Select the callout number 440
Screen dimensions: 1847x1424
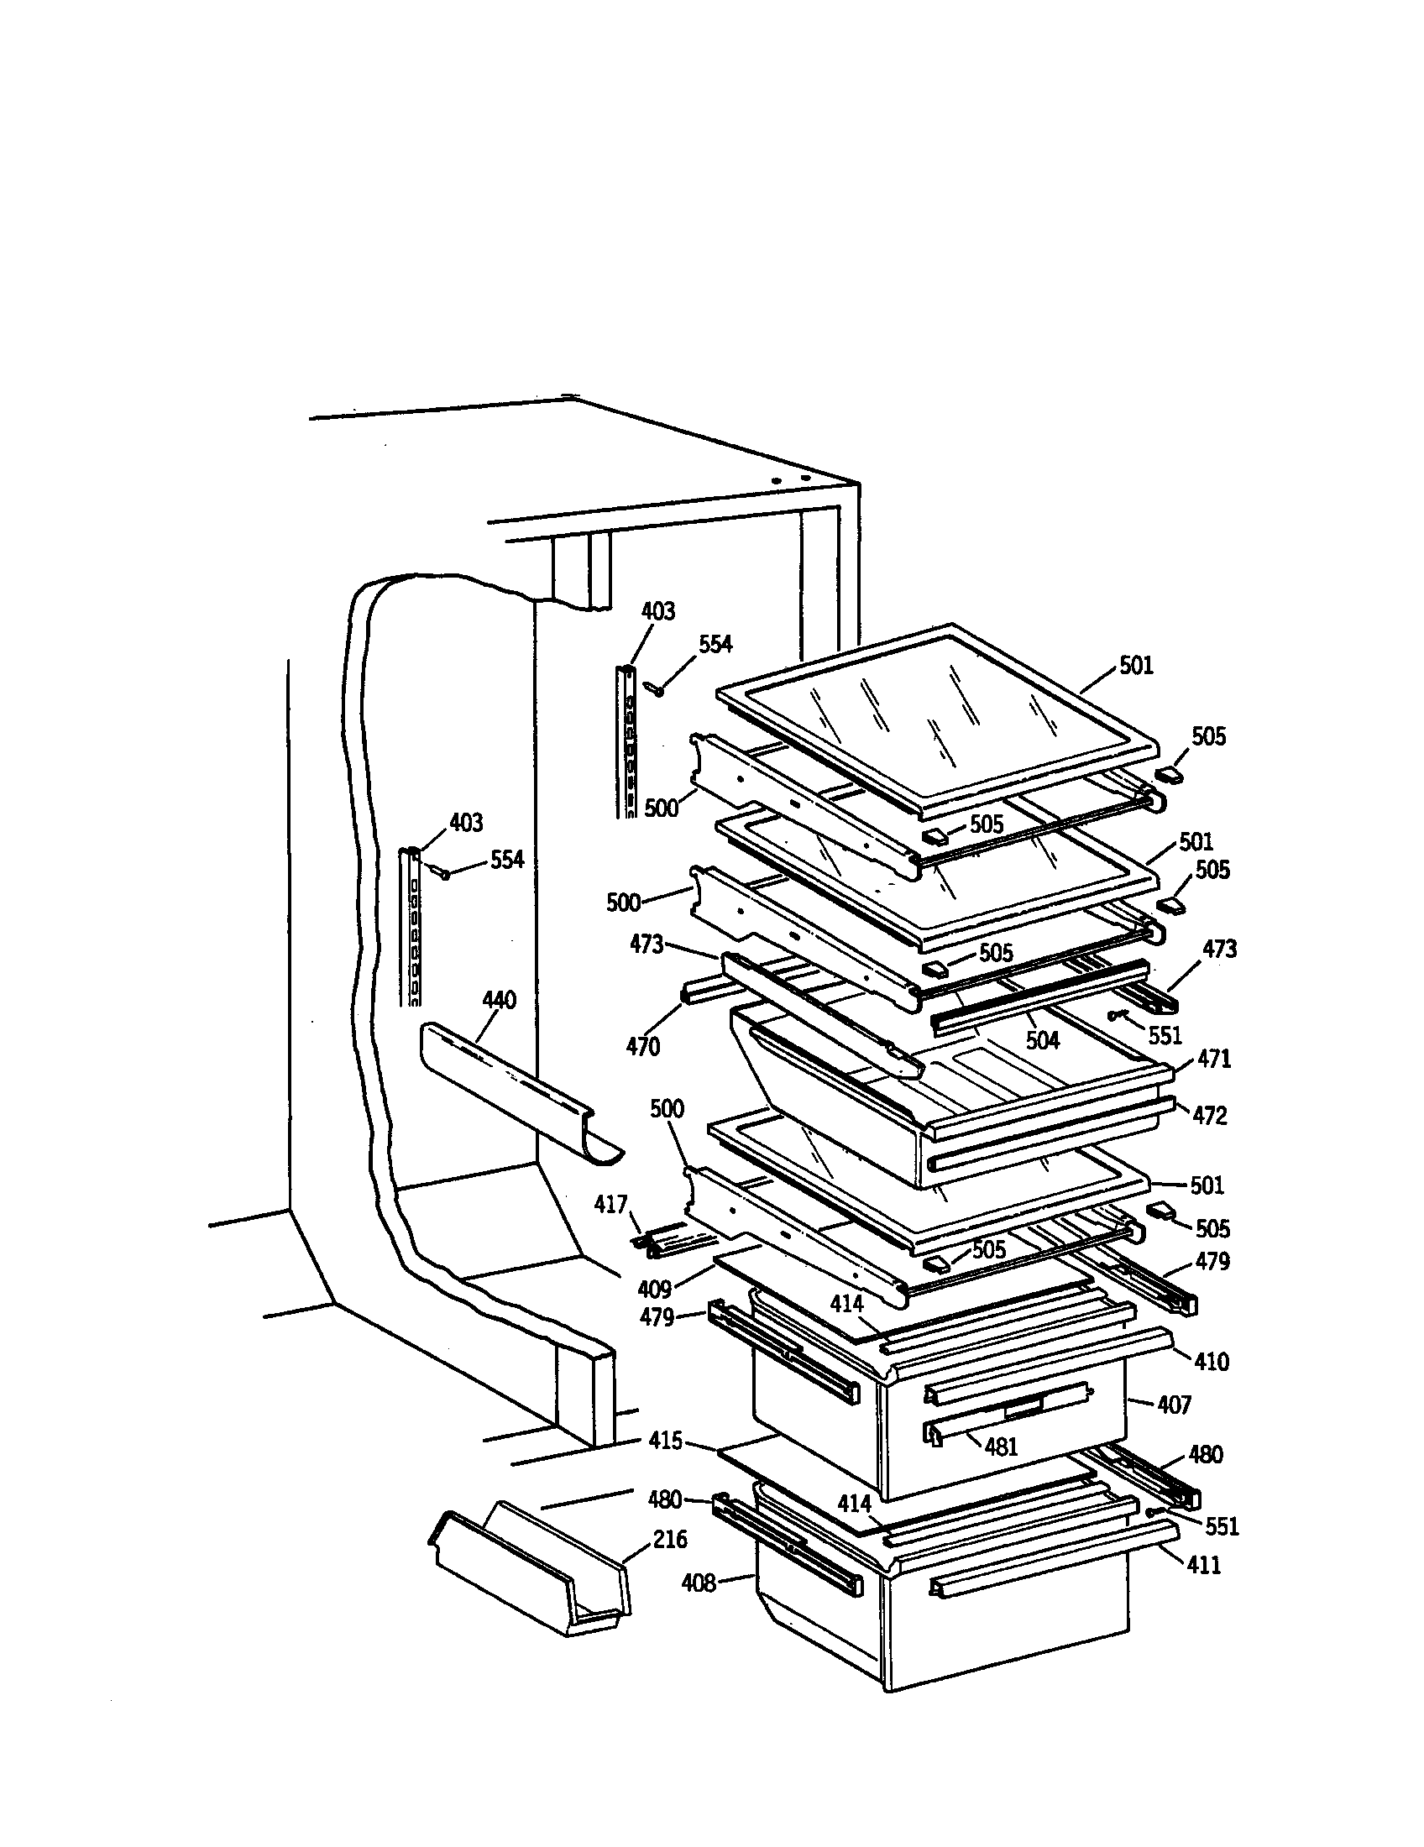(x=499, y=1001)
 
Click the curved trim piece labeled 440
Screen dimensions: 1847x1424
(x=516, y=1091)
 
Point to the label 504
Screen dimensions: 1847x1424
(x=1042, y=1040)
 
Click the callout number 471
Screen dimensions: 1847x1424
(x=1214, y=1059)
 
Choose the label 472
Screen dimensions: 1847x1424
(x=1208, y=1116)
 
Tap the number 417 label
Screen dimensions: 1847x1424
(x=610, y=1204)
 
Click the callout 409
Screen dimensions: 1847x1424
(x=654, y=1290)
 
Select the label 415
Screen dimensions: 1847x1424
(x=665, y=1440)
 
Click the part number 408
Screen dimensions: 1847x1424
(x=699, y=1583)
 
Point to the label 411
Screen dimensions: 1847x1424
(x=1204, y=1566)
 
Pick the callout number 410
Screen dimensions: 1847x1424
(x=1211, y=1363)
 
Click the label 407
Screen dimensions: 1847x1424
(x=1174, y=1405)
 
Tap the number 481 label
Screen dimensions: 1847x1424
(x=1000, y=1447)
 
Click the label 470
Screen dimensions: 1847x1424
(x=642, y=1047)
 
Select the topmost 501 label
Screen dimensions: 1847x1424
(x=1136, y=667)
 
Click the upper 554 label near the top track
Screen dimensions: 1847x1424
(x=715, y=645)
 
